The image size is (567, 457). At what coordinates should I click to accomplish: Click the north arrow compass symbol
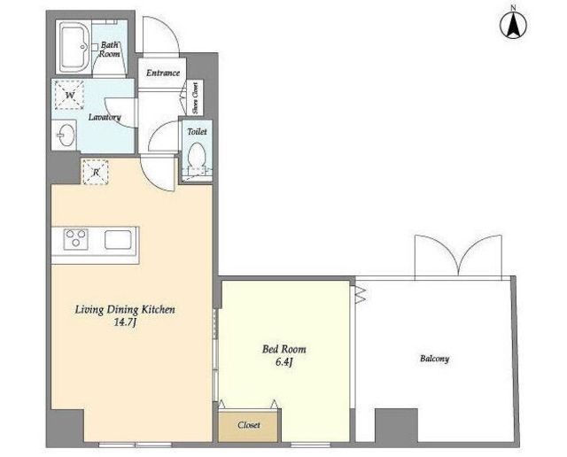coord(513,25)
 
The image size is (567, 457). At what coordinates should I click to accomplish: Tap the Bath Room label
coord(110,50)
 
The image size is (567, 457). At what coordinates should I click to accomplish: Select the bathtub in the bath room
coord(74,47)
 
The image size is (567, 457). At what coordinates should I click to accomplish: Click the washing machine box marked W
coord(69,95)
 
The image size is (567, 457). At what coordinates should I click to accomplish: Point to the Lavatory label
coord(105,117)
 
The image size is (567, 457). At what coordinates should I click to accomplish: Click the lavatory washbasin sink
coord(66,136)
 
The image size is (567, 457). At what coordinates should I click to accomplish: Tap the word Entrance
coord(163,73)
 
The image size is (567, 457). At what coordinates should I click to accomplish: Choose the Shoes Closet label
coord(195,98)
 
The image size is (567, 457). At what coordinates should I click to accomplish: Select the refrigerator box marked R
coord(96,172)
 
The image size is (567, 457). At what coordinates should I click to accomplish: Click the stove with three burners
coord(76,239)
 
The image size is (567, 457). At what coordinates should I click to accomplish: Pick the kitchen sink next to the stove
coord(118,239)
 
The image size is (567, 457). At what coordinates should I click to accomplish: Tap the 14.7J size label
coord(125,322)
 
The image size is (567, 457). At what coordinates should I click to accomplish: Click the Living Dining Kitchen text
coord(125,310)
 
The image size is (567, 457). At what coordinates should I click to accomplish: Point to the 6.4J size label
coord(283,362)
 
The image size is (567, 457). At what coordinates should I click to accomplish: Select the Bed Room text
coord(283,349)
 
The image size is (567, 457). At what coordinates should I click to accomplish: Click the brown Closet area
coord(248,425)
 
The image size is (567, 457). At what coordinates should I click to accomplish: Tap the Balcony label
coord(434,359)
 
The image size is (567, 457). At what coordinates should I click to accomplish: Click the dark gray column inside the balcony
coord(396,425)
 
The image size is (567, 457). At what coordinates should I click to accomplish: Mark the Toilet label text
coord(197,132)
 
